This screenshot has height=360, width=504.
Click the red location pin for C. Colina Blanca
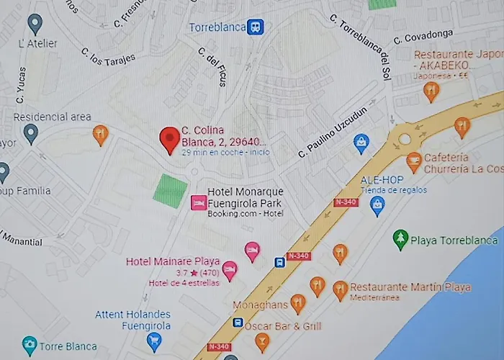tap(170, 139)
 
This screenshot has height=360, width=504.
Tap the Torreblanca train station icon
tap(255, 27)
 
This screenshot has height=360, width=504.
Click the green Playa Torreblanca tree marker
tap(400, 238)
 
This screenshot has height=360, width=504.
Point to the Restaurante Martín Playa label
tap(410, 287)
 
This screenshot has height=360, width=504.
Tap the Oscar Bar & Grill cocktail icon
tap(262, 341)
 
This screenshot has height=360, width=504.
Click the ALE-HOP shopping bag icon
tap(377, 206)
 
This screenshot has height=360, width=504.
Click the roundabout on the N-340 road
tap(404, 139)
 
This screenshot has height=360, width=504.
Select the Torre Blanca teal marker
tap(30, 344)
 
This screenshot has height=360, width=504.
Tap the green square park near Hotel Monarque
tap(170, 191)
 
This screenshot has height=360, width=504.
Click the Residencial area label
tap(53, 117)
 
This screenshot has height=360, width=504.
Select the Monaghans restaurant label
tap(260, 305)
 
